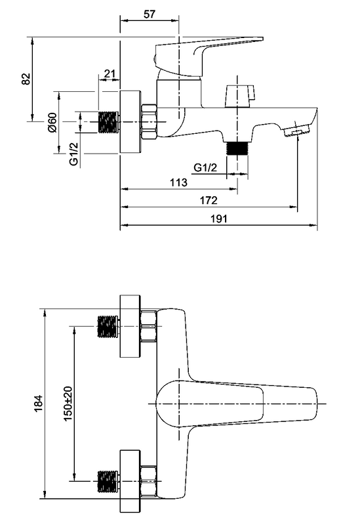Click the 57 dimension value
click(x=150, y=14)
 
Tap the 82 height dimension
click(x=26, y=79)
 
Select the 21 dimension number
click(x=110, y=73)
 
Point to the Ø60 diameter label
click(x=52, y=123)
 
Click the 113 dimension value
click(x=178, y=182)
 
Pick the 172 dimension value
click(x=209, y=200)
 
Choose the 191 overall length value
click(x=219, y=219)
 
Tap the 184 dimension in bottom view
click(x=39, y=404)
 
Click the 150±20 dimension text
click(x=68, y=404)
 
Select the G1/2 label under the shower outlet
click(x=205, y=167)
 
